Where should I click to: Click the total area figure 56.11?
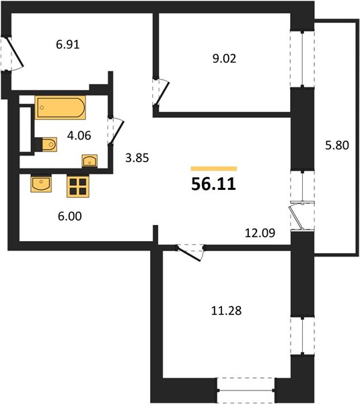point(213,184)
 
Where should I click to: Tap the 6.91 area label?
point(68,44)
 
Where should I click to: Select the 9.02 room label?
point(224,59)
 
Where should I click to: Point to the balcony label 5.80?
point(337,145)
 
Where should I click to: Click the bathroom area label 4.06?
point(79,135)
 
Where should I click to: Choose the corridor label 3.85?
point(137,158)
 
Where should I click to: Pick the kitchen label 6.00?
point(70,216)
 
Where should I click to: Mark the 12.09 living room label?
point(260,233)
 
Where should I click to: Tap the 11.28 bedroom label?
point(226,310)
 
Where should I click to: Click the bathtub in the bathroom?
point(61,108)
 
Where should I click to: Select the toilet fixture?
point(46,145)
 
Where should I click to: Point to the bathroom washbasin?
point(89,161)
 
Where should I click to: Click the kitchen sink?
point(41,183)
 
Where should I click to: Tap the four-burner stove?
point(78,186)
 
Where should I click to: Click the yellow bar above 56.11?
point(214,169)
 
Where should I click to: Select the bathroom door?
point(116,131)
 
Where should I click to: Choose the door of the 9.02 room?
point(161,92)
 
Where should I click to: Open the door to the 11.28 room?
point(190,253)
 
